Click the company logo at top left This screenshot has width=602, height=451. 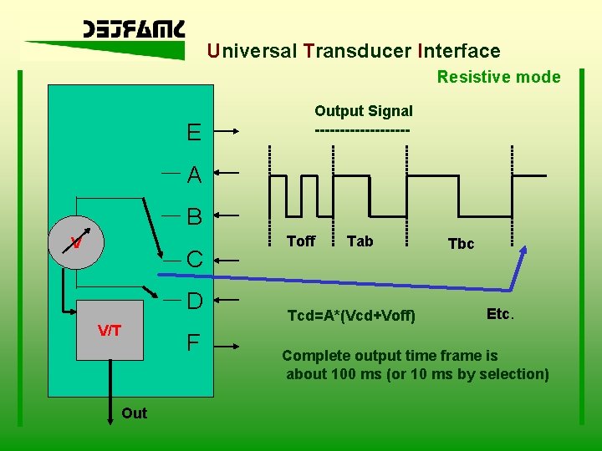tap(134, 30)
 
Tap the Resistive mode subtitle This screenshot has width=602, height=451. tap(498, 77)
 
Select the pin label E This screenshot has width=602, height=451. tap(193, 132)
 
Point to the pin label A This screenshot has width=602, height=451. tap(194, 175)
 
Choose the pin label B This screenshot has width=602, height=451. tap(195, 217)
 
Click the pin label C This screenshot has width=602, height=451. tap(194, 260)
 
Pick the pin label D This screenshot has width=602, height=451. tap(195, 300)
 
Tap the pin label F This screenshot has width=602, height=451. tap(193, 342)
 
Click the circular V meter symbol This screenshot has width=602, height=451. tap(75, 242)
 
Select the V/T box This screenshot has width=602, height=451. tap(110, 331)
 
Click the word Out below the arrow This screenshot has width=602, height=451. tap(134, 413)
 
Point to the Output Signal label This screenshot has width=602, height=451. tap(363, 111)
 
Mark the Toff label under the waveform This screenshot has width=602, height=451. tap(301, 241)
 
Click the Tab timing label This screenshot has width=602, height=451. tap(360, 241)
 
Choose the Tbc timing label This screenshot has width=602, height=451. tap(461, 244)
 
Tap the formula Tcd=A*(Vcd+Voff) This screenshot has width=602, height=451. tap(351, 316)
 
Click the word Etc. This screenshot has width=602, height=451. tap(500, 314)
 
